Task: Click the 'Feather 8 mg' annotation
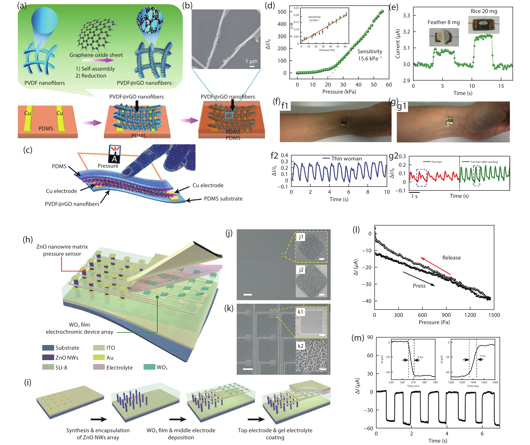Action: [444, 22]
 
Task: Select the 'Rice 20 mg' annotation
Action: [484, 11]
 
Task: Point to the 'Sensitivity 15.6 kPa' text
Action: [370, 55]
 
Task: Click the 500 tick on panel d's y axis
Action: [282, 12]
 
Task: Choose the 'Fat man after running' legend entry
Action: [484, 162]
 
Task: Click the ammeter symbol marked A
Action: [115, 154]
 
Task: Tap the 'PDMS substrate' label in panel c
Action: [223, 198]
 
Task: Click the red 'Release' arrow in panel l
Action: [436, 266]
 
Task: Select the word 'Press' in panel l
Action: [419, 286]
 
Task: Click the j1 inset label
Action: [301, 237]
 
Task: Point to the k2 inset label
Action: [300, 346]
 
